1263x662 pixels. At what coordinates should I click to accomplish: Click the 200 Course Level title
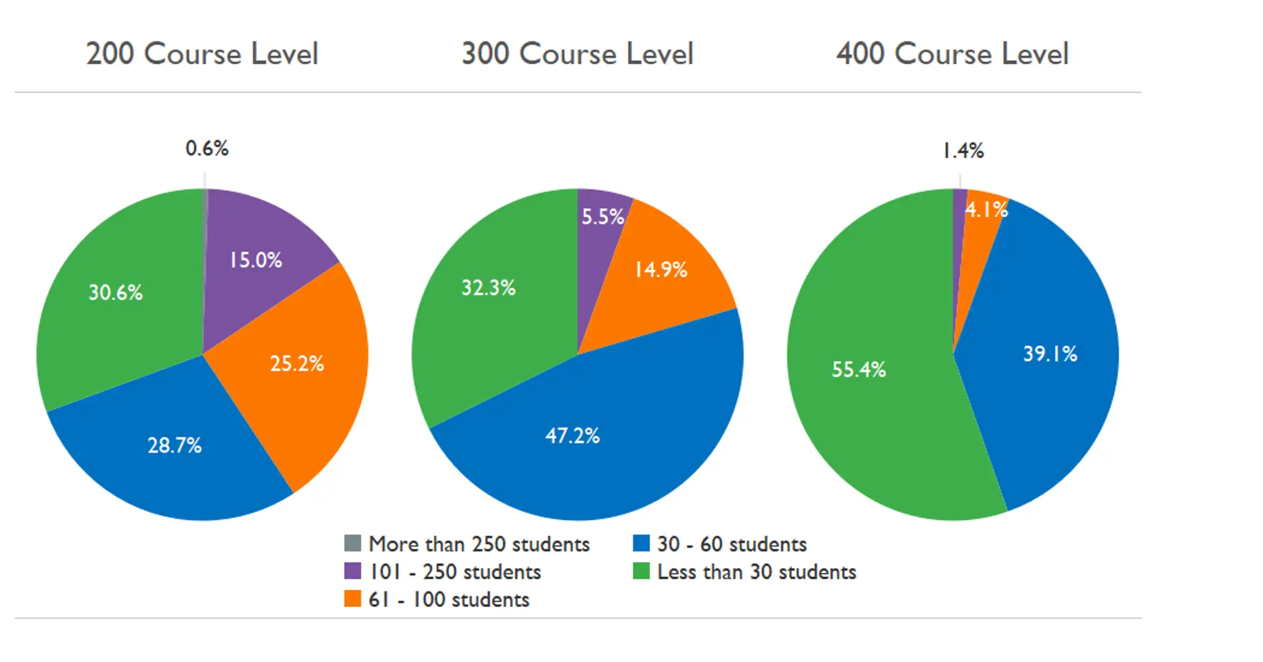click(x=202, y=54)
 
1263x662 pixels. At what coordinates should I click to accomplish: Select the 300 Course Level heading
click(x=577, y=54)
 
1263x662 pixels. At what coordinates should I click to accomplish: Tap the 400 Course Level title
click(x=952, y=54)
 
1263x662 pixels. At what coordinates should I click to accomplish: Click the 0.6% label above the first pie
click(x=207, y=149)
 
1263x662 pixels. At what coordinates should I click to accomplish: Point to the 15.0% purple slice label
click(x=255, y=260)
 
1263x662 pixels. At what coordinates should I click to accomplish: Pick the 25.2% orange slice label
click(x=297, y=363)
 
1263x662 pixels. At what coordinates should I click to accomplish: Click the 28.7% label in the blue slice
click(x=175, y=445)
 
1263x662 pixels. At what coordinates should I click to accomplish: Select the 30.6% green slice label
click(x=115, y=292)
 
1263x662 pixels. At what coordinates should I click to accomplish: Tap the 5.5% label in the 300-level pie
click(x=603, y=217)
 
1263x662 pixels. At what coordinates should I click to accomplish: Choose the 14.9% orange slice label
click(x=661, y=270)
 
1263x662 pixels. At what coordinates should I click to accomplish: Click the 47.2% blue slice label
click(x=572, y=436)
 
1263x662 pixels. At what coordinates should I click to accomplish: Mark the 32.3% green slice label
click(x=488, y=288)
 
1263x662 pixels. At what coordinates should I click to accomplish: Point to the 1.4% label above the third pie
click(x=963, y=151)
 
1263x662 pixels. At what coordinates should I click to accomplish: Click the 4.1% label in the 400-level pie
click(x=986, y=210)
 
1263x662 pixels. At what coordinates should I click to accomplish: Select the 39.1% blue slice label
click(x=1050, y=354)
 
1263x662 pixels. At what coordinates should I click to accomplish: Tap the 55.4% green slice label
click(x=858, y=370)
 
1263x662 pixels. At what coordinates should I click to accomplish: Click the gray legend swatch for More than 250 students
click(x=352, y=544)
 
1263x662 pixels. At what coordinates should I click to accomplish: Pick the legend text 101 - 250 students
click(x=455, y=572)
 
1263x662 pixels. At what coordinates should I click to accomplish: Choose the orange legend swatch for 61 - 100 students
click(x=352, y=599)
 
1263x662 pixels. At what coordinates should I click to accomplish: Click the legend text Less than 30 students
click(x=756, y=572)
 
